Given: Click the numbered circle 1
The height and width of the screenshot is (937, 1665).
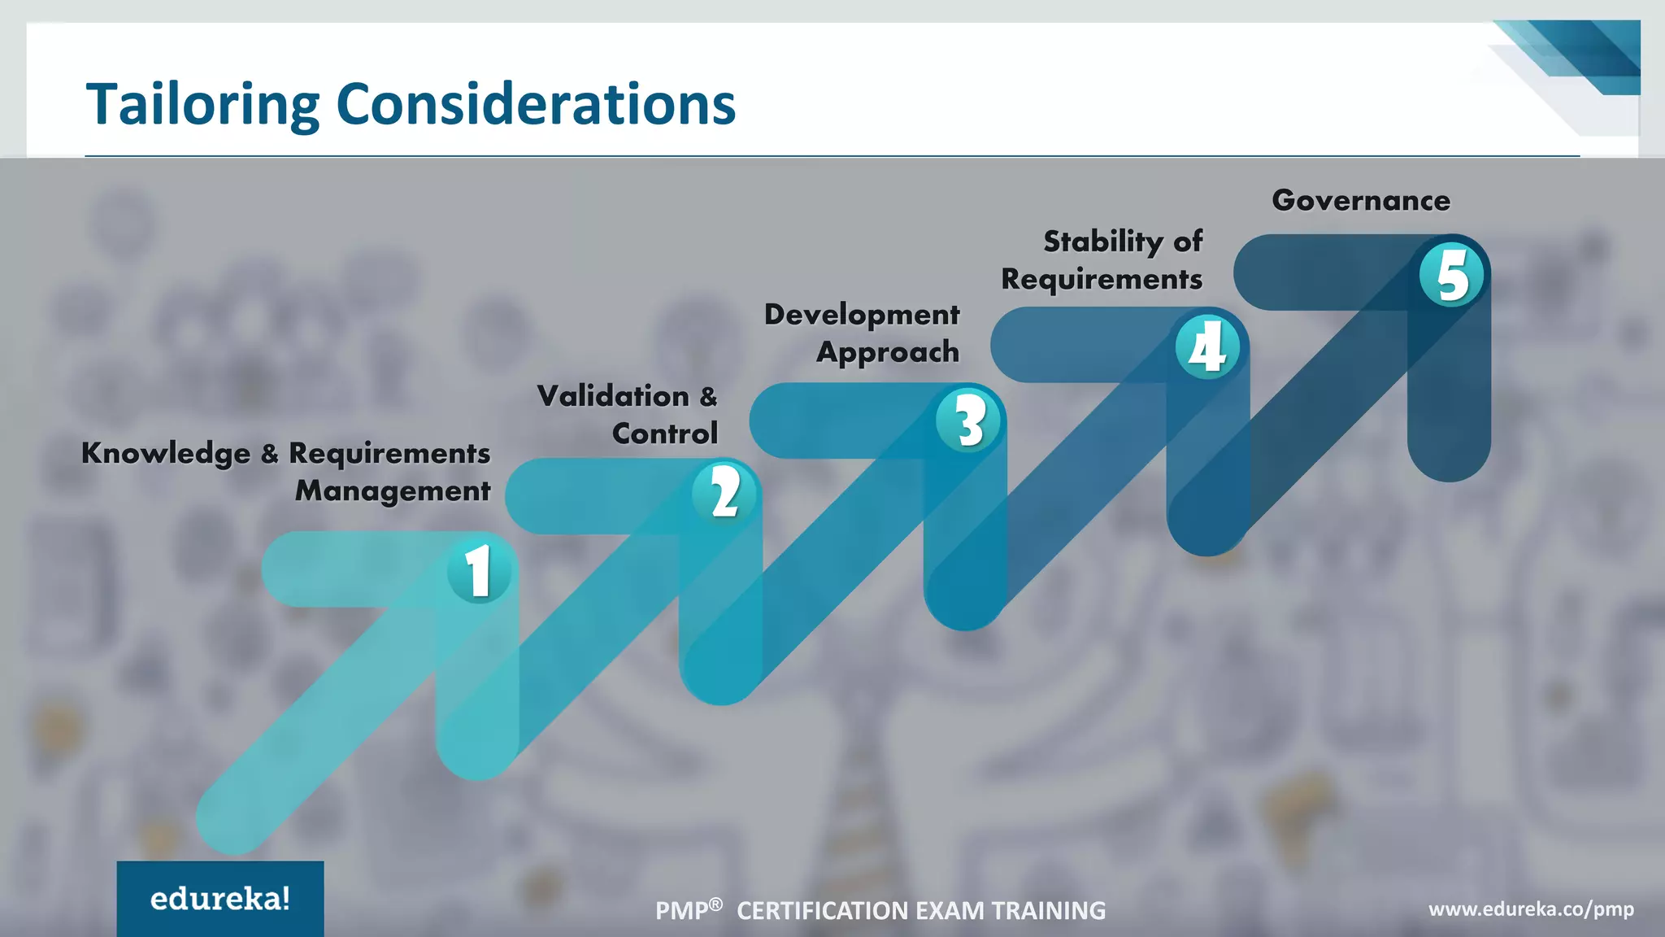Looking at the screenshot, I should coord(479,570).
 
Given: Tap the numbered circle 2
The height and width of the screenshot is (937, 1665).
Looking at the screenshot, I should coord(724,493).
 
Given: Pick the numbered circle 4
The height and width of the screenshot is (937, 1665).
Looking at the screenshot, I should coord(1208,347).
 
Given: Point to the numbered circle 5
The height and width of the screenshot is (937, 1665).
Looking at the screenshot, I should coord(1452,275).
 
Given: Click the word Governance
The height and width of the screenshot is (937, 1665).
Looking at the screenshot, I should coord(1361,200).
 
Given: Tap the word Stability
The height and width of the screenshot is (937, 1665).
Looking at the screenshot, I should coord(1102,241).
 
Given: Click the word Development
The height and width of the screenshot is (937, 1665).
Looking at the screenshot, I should coord(862,314).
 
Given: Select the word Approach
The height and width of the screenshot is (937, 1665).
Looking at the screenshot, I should coord(888,352).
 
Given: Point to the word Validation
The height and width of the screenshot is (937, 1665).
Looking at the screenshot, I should coord(613,396).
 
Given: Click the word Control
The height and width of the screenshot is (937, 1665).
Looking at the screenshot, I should coord(665,434).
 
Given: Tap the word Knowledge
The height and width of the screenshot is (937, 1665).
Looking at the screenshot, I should coord(166,453).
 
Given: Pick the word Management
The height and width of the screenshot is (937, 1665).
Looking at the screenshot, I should coord(393,490).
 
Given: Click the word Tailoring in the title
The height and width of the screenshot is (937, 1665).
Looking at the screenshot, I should coord(203,105).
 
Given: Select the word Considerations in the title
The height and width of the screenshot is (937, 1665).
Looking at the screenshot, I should coord(536,105).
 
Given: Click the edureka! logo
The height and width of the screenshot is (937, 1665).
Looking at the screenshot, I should coord(220,899).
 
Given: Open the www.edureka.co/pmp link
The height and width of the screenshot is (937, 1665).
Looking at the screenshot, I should coord(1531,909).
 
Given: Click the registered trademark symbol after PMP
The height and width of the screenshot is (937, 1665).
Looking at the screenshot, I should coord(715,904).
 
